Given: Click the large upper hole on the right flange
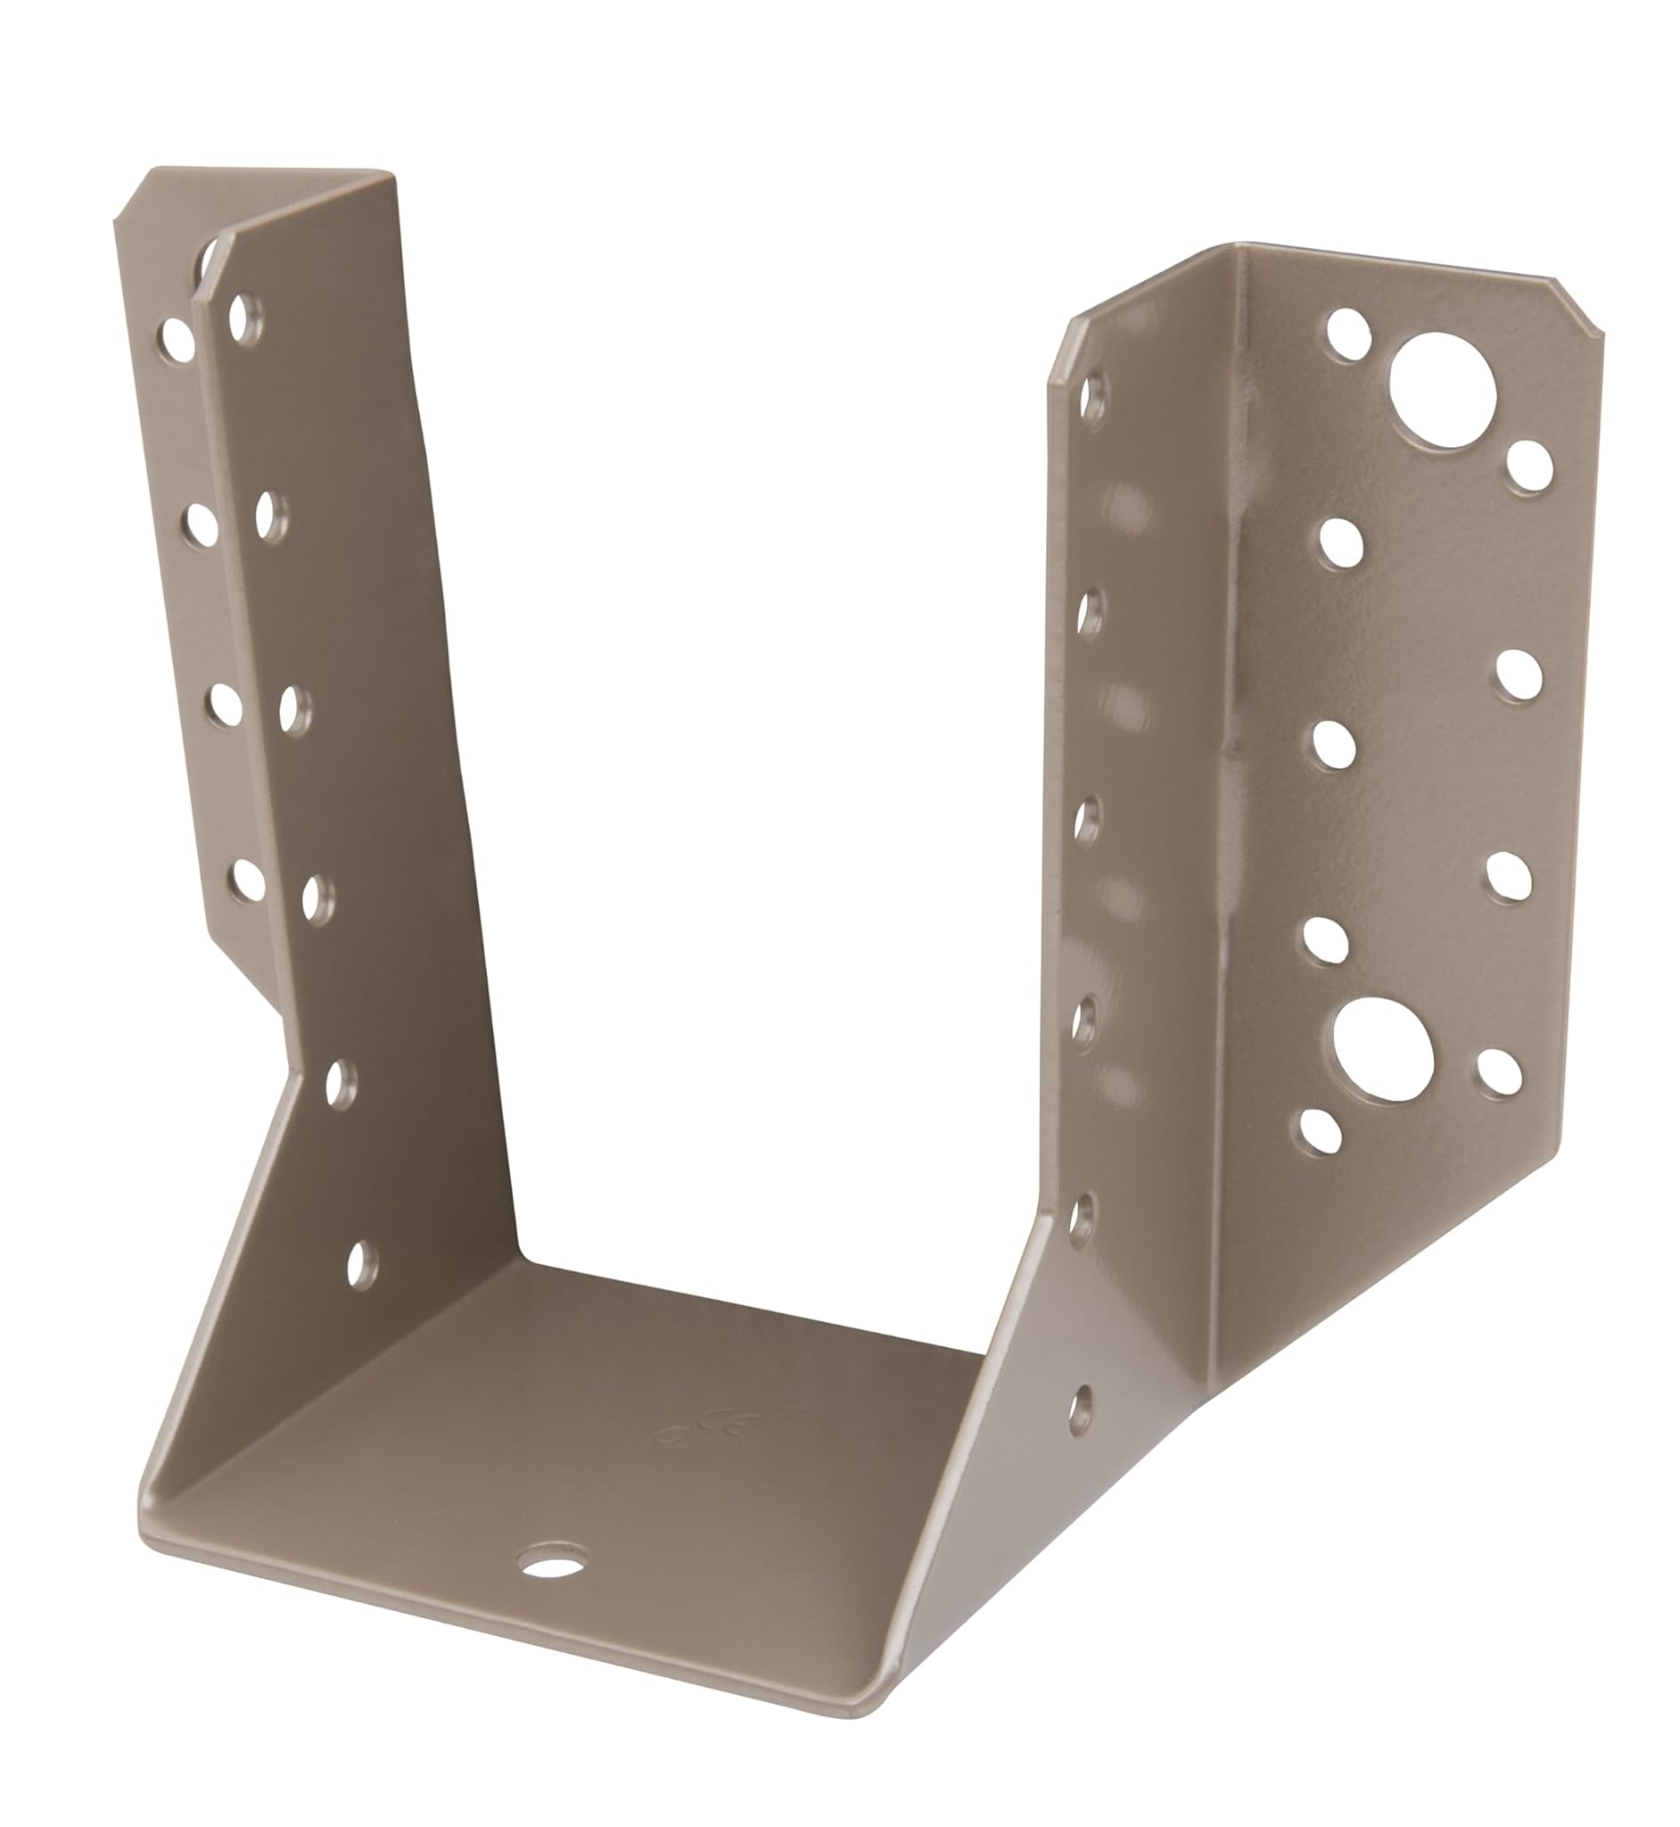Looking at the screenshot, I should (1442, 390).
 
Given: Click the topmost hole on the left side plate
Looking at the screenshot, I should (243, 319).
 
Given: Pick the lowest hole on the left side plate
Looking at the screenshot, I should (361, 1264).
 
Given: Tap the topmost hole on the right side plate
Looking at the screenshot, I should (1093, 397).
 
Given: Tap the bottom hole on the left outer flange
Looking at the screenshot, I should (247, 880).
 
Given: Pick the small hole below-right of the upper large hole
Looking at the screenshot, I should (1529, 467).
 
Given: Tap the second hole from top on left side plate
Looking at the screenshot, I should (270, 516).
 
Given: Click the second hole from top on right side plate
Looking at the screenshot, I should (1090, 610).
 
